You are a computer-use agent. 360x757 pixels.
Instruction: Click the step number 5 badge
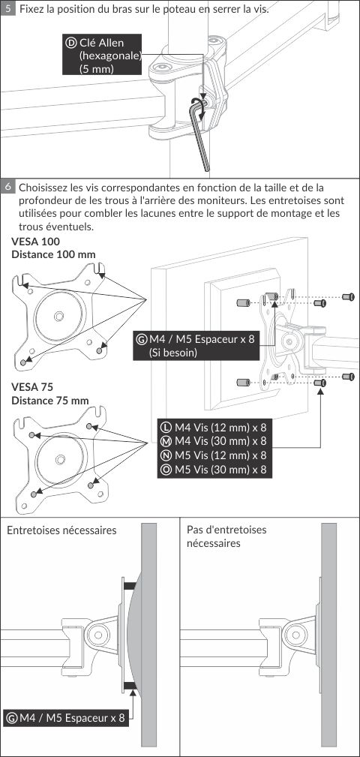pos(7,8)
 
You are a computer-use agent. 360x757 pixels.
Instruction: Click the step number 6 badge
pos(7,187)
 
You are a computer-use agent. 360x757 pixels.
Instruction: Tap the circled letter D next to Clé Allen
pos(71,43)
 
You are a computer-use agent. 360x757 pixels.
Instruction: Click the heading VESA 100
pos(36,241)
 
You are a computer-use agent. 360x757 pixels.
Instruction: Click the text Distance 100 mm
pos(53,254)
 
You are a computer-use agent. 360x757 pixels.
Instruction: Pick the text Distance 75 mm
pos(49,401)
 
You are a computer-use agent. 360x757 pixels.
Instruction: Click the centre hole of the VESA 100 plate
pos(59,316)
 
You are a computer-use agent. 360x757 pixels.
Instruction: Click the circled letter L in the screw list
pos(166,427)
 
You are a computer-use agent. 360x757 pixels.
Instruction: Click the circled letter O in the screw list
pos(166,469)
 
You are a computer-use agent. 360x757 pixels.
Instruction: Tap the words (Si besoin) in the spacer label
pos(173,353)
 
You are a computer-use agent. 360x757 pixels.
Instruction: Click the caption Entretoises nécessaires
pos(61,530)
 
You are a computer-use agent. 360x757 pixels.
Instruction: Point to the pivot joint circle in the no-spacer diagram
pos(295,632)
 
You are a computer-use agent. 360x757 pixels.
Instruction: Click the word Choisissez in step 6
pos(43,187)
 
